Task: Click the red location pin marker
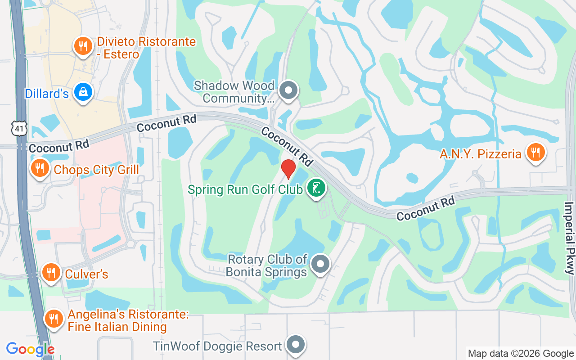tap(288, 169)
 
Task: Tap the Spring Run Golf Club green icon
tap(316, 188)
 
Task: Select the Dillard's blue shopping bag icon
tap(83, 92)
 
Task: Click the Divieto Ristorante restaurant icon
tap(82, 46)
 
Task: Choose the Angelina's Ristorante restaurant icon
tap(54, 319)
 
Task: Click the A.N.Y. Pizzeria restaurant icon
tap(535, 153)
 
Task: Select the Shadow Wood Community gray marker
tap(288, 90)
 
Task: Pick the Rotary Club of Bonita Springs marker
tap(320, 264)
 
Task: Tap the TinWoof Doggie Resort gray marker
tap(295, 345)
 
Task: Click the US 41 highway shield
tap(19, 128)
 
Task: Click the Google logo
tap(30, 349)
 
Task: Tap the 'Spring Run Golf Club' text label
tap(245, 189)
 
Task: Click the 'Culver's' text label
tap(86, 274)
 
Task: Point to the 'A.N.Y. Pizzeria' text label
tap(481, 154)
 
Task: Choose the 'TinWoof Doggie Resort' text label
tap(217, 346)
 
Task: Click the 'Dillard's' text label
tap(47, 94)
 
